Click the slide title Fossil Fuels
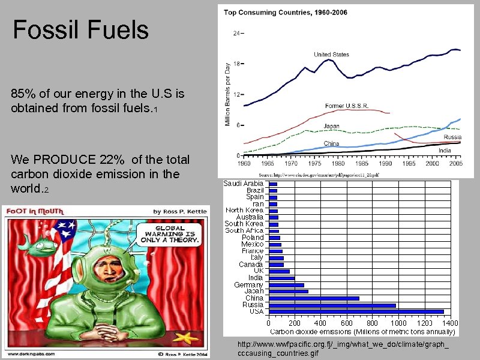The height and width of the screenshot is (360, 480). click(x=80, y=29)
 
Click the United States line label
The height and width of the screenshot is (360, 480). click(x=331, y=55)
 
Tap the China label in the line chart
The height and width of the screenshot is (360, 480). click(x=331, y=143)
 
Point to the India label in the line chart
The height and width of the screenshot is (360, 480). click(x=445, y=150)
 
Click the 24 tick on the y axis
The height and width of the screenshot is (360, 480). click(x=236, y=34)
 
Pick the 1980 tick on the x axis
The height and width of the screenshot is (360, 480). click(x=338, y=163)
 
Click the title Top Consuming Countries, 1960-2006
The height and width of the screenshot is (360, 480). click(x=286, y=12)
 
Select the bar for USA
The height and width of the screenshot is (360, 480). click(x=356, y=311)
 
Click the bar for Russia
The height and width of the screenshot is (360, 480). click(x=332, y=305)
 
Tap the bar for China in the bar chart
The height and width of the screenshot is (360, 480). click(x=314, y=298)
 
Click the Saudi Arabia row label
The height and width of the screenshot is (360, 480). click(x=244, y=183)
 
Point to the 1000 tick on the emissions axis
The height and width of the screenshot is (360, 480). click(x=398, y=323)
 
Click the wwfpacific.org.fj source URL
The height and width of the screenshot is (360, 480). click(x=343, y=349)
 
